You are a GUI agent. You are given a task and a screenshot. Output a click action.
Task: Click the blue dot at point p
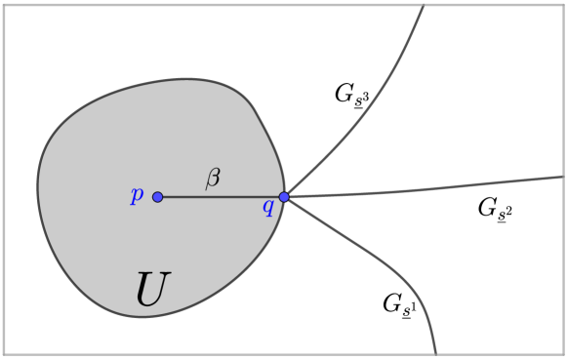158,197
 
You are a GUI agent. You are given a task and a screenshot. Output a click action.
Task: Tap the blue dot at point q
284,197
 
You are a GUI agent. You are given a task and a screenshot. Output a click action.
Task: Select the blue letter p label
137,194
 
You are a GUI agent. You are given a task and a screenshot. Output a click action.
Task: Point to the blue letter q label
267,207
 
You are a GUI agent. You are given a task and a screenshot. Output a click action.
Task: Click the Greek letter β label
213,178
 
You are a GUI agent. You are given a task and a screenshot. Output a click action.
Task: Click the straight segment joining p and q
221,197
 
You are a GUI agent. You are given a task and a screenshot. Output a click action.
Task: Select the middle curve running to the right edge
439,188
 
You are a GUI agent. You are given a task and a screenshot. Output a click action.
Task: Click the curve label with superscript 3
350,96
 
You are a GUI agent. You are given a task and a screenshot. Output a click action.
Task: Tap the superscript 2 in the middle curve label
508,207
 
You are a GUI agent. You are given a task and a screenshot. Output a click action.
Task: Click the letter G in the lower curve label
390,302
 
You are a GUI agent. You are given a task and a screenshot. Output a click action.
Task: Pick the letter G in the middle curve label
486,206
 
